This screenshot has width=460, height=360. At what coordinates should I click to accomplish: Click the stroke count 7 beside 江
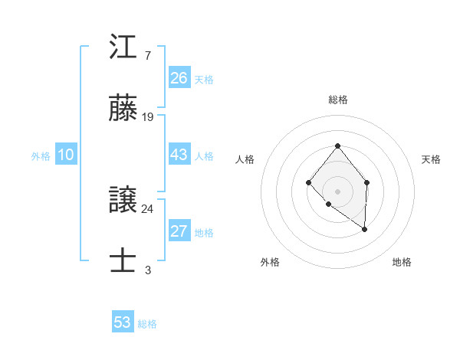[147, 55]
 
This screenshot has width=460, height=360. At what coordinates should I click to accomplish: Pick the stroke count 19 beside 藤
[148, 117]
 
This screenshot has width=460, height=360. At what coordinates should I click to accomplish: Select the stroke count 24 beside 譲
[148, 208]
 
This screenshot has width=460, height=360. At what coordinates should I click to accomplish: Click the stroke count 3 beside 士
[147, 270]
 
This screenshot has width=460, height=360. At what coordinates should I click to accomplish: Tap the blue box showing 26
[179, 78]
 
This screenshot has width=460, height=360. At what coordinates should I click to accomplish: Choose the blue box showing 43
[179, 155]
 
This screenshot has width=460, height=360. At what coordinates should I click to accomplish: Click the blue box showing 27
[179, 231]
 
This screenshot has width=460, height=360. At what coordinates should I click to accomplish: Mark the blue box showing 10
[66, 155]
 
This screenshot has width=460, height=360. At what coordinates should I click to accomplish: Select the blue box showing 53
[123, 322]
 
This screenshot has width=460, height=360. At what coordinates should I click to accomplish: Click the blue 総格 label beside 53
[147, 324]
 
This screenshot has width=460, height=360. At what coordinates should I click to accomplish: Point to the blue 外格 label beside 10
[41, 156]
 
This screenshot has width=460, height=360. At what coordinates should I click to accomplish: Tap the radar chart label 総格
[337, 100]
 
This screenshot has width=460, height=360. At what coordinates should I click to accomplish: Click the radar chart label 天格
[431, 159]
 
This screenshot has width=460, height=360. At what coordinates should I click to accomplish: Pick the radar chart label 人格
[245, 159]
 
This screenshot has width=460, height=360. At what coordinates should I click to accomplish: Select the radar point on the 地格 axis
[365, 229]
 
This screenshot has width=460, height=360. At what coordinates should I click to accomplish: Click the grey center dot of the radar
[337, 191]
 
